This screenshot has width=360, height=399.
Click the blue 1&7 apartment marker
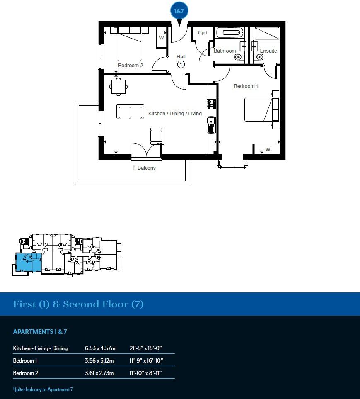coord(179,11)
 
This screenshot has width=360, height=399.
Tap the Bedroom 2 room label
coord(130,66)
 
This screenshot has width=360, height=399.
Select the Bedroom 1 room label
coord(246,86)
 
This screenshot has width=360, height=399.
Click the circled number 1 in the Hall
coord(181,64)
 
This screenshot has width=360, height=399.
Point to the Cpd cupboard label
coord(203,33)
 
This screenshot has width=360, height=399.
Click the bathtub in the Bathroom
coord(229,32)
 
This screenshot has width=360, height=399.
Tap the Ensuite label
coord(268,51)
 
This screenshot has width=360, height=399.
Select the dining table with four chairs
coord(118,87)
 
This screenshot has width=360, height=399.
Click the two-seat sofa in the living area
coord(130,112)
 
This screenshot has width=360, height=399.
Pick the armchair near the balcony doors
coord(157,136)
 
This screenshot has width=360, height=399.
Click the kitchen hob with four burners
coord(211,104)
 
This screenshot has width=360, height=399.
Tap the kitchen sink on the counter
coord(211,124)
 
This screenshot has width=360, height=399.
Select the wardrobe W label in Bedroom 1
coord(268,149)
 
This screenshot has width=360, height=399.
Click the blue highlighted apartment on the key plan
coord(29,262)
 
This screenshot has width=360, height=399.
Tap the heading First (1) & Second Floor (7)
coord(79,304)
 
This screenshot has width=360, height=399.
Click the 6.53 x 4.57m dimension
coord(100,348)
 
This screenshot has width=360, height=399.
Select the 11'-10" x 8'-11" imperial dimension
coord(145,373)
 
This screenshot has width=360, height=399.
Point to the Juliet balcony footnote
coord(43,389)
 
